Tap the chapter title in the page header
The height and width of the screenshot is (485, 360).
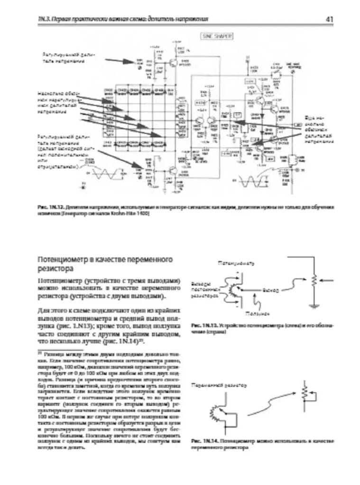pyautogui.click(x=123, y=19)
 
